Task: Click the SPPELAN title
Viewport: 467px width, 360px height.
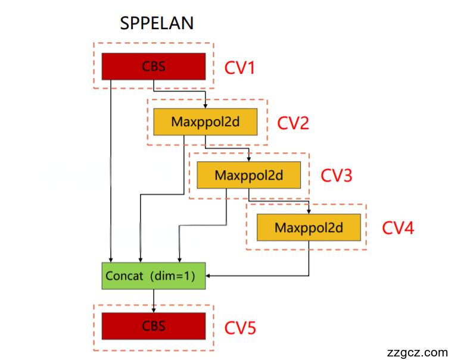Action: (157, 23)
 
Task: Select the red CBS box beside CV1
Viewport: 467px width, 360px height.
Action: (154, 66)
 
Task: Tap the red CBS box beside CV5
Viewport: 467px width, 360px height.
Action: (154, 325)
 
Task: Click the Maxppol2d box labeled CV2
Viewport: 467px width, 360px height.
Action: (206, 122)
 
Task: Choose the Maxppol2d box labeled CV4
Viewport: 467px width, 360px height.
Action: (309, 227)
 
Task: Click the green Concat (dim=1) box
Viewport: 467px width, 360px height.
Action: (154, 276)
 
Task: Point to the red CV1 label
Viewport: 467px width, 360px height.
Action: (239, 67)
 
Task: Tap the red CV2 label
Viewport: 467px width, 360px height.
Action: (293, 123)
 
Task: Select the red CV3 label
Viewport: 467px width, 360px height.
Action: (337, 176)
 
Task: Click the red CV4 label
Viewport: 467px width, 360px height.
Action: (397, 228)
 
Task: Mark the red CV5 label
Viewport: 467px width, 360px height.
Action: (240, 328)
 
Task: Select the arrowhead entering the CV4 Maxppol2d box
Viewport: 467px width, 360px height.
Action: (309, 211)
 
